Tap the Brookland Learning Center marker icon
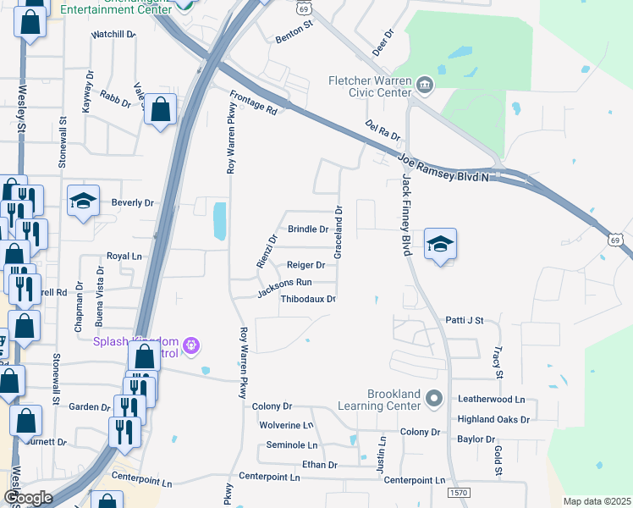[x=435, y=397]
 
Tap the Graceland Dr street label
[x=339, y=233]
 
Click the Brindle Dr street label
[x=308, y=229]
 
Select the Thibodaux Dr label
[x=308, y=299]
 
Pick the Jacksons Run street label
[x=285, y=288]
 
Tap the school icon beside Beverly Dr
[x=83, y=202]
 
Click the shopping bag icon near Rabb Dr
[x=160, y=110]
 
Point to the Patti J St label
[x=464, y=321]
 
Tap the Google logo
[x=28, y=497]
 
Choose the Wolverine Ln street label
[x=286, y=425]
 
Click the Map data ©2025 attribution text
[x=597, y=501]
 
